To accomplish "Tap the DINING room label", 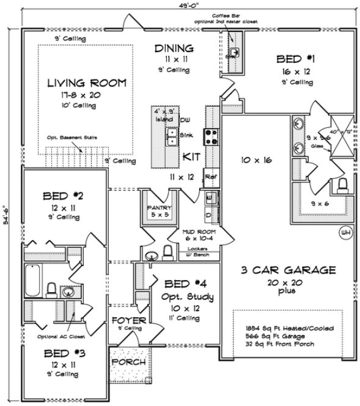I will [174, 48].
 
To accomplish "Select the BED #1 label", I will [295, 59].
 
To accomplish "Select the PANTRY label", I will [158, 208].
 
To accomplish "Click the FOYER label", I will [128, 320].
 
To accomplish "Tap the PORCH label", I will [128, 362].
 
